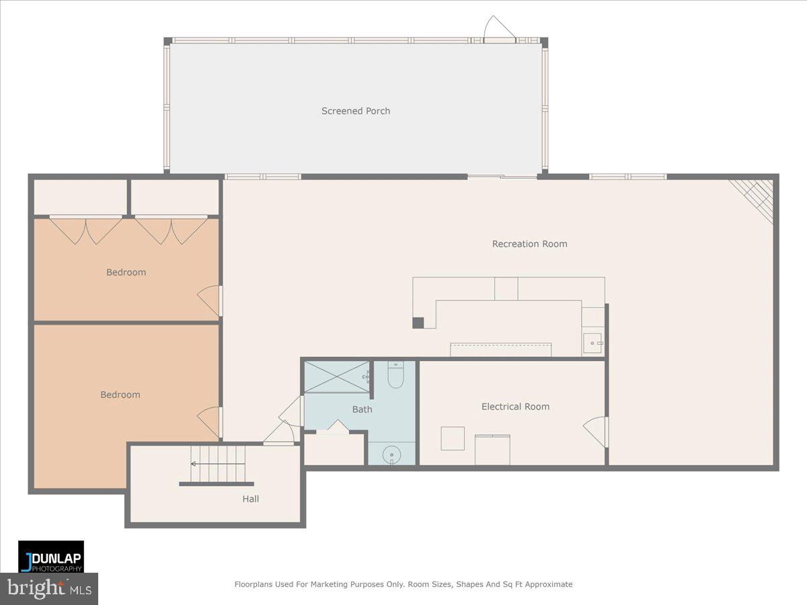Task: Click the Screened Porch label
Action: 356,111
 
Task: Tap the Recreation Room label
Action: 529,244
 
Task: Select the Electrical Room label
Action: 515,407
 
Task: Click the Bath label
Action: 362,409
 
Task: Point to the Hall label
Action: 251,499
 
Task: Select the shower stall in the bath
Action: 336,377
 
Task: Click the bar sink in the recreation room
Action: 592,344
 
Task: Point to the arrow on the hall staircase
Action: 194,464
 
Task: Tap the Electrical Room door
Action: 597,432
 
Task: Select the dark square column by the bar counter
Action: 418,323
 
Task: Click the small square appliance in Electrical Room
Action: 453,438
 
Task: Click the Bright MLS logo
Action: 48,588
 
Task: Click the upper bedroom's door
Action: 210,300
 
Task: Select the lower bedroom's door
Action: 210,421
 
